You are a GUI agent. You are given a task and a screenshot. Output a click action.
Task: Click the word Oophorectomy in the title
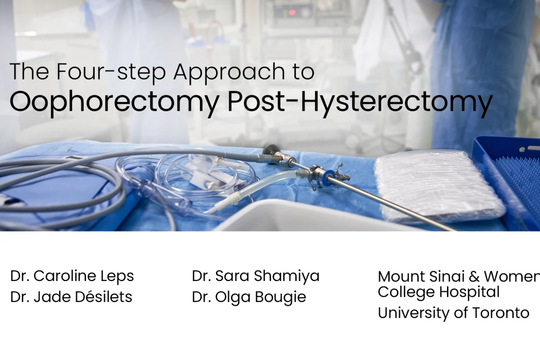click(115, 101)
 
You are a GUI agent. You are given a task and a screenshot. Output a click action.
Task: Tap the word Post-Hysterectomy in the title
click(360, 101)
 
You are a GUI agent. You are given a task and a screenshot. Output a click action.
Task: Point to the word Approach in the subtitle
click(229, 72)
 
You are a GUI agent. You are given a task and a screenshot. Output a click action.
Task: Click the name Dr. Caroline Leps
click(72, 276)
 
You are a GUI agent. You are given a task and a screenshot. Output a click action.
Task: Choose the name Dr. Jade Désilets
click(71, 297)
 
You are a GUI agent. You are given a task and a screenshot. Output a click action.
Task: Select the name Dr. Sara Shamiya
click(256, 276)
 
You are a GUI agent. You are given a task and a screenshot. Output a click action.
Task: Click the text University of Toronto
click(453, 313)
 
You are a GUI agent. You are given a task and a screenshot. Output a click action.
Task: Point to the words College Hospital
click(439, 292)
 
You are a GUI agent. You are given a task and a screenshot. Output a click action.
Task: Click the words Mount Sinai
click(422, 276)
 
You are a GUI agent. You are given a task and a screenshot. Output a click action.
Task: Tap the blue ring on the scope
click(329, 176)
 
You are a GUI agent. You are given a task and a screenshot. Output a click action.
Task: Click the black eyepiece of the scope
click(271, 150)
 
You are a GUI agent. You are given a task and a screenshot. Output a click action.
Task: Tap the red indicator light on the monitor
click(292, 13)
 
